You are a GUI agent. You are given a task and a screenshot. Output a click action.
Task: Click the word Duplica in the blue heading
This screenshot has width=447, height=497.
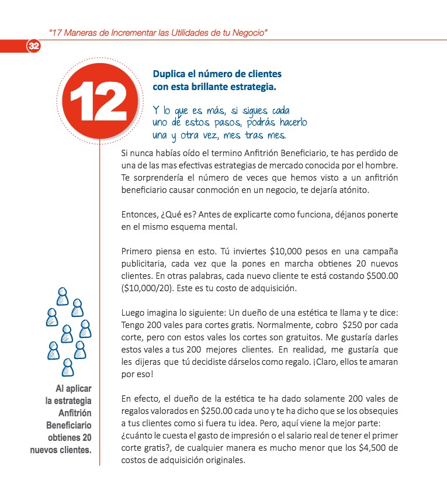171,74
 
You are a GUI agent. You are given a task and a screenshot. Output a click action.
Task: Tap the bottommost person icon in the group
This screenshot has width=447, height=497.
67,366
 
